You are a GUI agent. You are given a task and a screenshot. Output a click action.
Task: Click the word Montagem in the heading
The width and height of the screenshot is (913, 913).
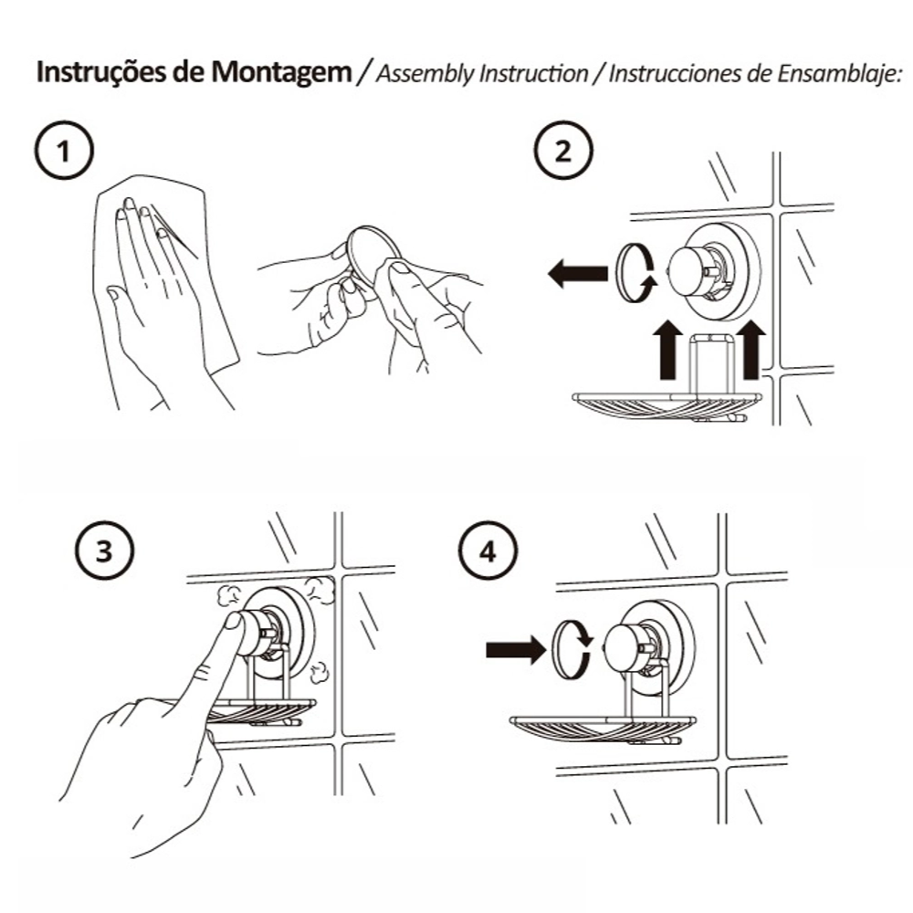click(282, 73)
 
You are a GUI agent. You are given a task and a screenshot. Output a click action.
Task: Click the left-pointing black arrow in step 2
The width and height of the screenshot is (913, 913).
click(577, 272)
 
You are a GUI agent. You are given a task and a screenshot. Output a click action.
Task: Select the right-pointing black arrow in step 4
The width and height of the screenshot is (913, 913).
click(515, 649)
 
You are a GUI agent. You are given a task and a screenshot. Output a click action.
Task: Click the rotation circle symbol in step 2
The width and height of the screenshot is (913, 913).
click(634, 272)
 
